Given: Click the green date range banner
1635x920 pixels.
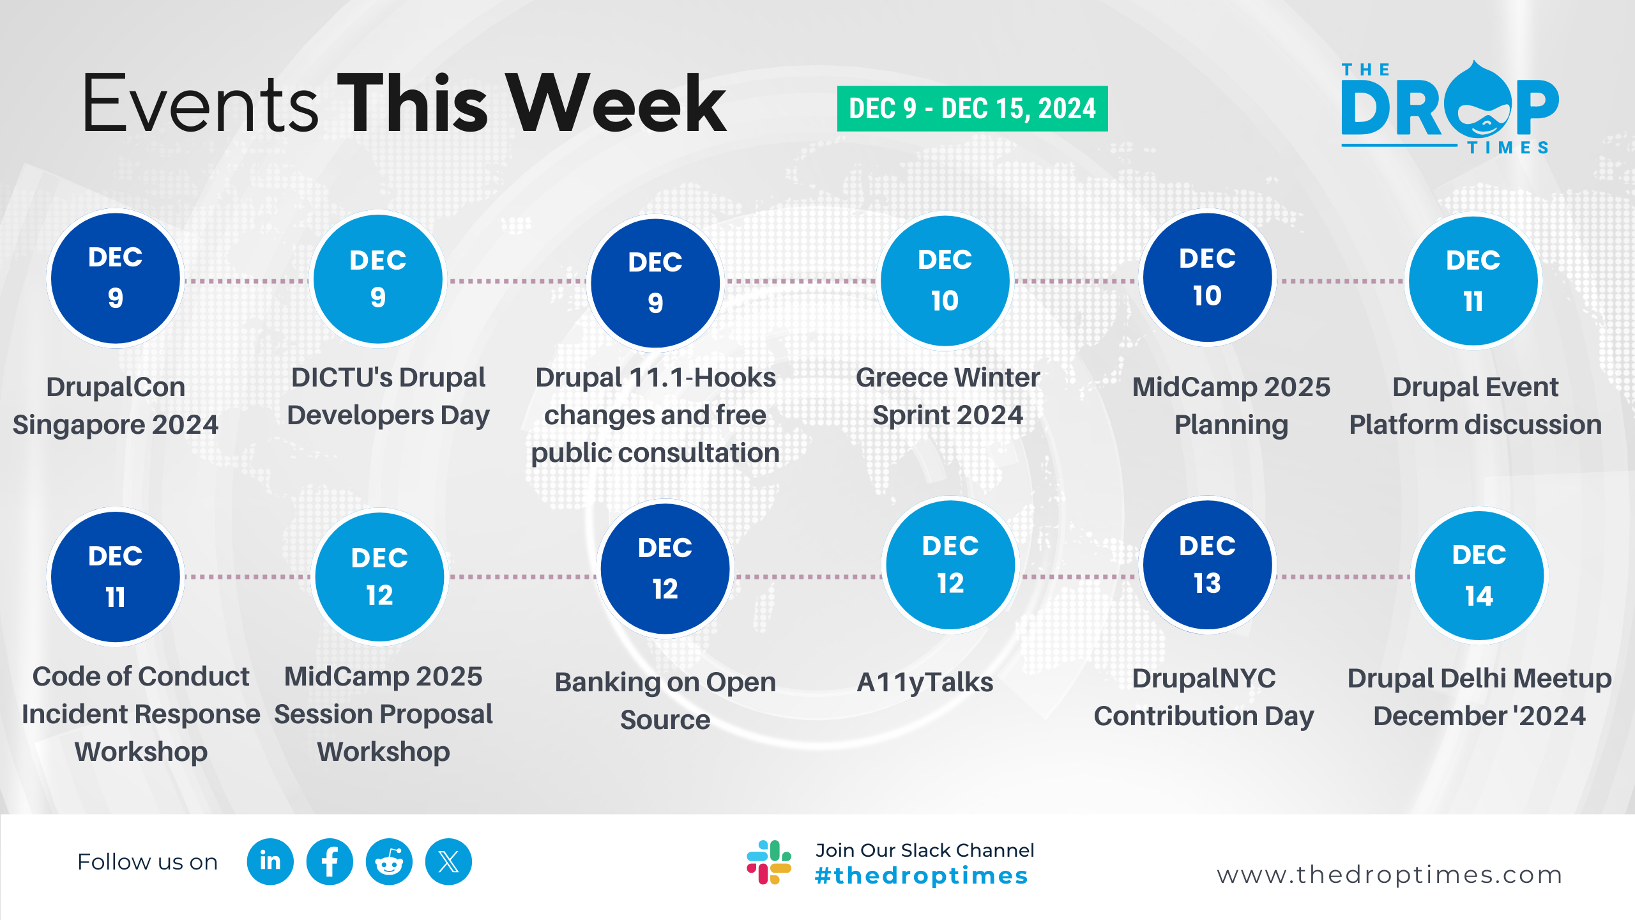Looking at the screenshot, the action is coord(972,109).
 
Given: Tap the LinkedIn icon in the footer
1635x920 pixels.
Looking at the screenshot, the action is coord(270,862).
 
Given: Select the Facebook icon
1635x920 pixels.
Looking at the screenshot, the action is coord(330,862).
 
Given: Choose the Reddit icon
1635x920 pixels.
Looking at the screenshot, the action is coord(389,862).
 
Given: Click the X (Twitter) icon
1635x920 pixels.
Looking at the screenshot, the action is coord(448,862).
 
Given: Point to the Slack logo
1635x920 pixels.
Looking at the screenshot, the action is coord(769,862).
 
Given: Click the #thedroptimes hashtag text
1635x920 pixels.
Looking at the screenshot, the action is coord(922,876).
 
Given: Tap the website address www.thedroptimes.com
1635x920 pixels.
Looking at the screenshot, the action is coord(1390,875).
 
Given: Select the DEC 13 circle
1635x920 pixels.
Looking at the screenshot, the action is coord(1207,565).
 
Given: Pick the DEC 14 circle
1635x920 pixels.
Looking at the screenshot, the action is coord(1479,576).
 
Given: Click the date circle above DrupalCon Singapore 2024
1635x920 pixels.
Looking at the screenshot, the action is coord(116,279).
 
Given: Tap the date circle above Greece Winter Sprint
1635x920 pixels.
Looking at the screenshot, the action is coord(945,280).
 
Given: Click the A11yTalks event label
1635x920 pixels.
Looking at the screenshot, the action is coord(925,682).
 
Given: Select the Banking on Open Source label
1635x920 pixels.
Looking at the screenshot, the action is coord(665,701).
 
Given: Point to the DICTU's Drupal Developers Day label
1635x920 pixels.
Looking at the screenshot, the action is coord(388,396).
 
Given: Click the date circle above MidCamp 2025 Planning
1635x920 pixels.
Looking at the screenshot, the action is coord(1207,278).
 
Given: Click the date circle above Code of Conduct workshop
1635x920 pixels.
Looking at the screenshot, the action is coord(116,577).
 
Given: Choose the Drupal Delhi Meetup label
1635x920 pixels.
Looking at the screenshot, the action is coord(1479,697).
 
